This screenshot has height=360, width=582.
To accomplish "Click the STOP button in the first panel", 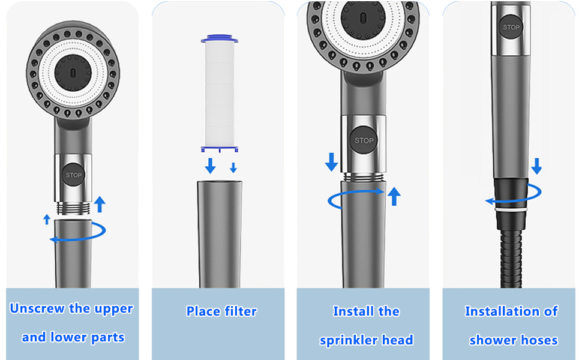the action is (x=73, y=175).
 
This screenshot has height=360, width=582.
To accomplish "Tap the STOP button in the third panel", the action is (x=364, y=140).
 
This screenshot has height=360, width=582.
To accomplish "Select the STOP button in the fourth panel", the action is (x=511, y=27).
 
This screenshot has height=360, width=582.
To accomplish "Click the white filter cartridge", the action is (x=220, y=94).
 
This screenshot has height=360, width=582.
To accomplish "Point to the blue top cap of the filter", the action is (x=220, y=38).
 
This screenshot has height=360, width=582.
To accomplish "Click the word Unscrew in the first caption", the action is (x=37, y=308).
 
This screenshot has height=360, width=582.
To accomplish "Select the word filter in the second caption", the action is (x=241, y=311).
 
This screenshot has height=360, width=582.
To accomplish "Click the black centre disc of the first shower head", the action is (x=73, y=73).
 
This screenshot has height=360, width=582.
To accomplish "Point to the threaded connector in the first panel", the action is (x=73, y=209).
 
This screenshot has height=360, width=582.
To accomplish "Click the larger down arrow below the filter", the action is (x=211, y=166).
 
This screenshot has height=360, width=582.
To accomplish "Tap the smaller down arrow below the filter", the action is (x=233, y=167).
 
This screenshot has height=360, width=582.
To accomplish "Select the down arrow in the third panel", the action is (x=331, y=161).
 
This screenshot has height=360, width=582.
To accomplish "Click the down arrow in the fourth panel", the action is (x=536, y=166).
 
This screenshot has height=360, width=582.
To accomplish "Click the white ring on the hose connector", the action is (x=511, y=210).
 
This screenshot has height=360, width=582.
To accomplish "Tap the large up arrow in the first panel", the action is (x=100, y=205).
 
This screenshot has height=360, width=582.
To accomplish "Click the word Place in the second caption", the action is (x=203, y=311).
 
